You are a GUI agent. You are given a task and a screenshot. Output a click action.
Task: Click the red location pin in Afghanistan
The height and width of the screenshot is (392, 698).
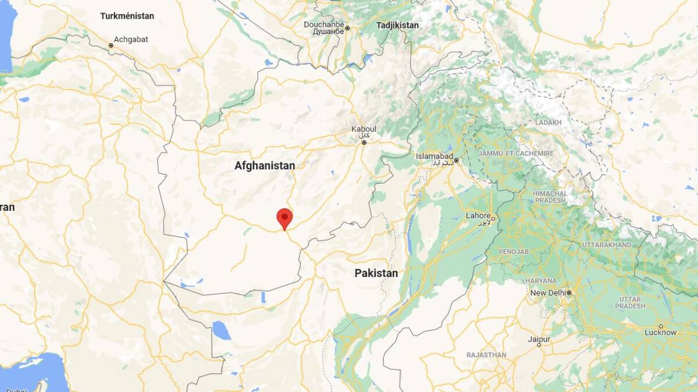click(x=284, y=218)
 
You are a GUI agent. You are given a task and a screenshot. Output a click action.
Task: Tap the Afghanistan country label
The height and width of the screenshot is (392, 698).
click(x=265, y=166)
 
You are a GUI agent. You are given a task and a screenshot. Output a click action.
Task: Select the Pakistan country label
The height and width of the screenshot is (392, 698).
click(x=376, y=273)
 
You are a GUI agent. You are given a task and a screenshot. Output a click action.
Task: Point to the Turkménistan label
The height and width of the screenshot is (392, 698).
click(x=127, y=16)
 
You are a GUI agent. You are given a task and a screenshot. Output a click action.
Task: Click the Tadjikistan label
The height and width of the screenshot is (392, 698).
click(x=397, y=25)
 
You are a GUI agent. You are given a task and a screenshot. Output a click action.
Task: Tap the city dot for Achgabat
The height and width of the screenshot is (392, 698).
click(x=111, y=45)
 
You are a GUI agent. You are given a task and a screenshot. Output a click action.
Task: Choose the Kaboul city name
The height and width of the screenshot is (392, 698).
click(x=364, y=129)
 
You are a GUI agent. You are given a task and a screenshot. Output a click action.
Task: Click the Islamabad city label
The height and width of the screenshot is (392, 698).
click(x=434, y=156)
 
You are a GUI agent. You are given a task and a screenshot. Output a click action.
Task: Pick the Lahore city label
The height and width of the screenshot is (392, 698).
click(x=478, y=216)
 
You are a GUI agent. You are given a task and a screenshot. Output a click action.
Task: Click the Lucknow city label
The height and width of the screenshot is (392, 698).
click(x=660, y=333)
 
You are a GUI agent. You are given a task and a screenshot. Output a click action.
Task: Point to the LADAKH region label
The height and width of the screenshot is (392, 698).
click(x=549, y=123)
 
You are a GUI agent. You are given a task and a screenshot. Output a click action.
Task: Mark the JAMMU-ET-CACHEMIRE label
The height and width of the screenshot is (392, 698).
click(x=516, y=153)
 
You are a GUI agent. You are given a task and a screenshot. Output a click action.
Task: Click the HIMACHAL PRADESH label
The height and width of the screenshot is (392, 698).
click(x=550, y=197)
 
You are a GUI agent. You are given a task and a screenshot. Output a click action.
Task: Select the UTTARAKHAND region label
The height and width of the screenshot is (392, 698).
click(x=607, y=245)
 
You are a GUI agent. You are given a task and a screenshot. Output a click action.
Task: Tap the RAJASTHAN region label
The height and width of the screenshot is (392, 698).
click(x=486, y=355)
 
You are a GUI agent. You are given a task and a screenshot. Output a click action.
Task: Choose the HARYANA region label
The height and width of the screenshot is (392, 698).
click(x=541, y=280)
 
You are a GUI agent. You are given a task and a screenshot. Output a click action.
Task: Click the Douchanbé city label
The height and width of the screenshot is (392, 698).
click(x=322, y=24)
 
